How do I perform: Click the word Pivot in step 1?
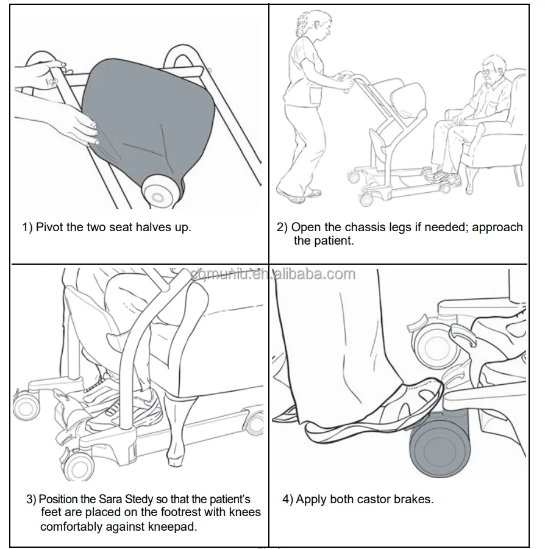click(49, 228)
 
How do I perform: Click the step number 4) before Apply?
click(288, 500)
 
